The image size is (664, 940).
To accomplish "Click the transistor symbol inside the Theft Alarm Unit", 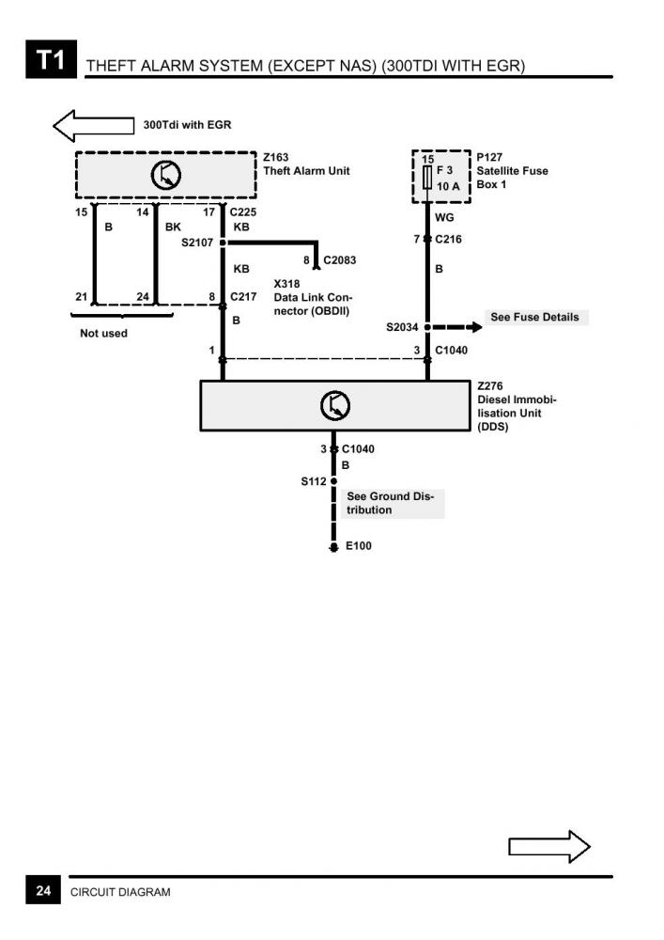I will pyautogui.click(x=166, y=175).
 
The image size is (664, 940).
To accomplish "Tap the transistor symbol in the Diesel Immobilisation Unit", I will pyautogui.click(x=334, y=405).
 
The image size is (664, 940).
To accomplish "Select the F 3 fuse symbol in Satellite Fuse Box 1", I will pyautogui.click(x=428, y=178).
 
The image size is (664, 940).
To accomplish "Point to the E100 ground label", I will pyautogui.click(x=359, y=546).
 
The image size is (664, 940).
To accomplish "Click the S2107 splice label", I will pyautogui.click(x=198, y=243).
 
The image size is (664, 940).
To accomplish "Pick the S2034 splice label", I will pyautogui.click(x=404, y=328).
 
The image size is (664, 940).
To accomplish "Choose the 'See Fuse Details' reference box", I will pyautogui.click(x=534, y=318).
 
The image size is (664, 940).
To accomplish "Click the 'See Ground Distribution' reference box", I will pyautogui.click(x=391, y=503).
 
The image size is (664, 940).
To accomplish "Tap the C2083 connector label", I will pyautogui.click(x=340, y=259).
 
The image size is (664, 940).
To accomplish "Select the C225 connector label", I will pyautogui.click(x=243, y=212).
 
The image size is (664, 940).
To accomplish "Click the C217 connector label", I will pyautogui.click(x=243, y=297).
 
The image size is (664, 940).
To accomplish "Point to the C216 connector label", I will pyautogui.click(x=448, y=240).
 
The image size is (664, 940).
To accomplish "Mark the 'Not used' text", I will pyautogui.click(x=103, y=334).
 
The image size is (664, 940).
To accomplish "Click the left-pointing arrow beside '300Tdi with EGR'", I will pyautogui.click(x=94, y=125).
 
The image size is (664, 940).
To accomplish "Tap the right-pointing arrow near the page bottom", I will pyautogui.click(x=548, y=846).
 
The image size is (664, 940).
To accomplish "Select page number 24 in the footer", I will pyautogui.click(x=43, y=890).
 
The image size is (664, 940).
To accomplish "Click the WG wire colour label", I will pyautogui.click(x=444, y=217).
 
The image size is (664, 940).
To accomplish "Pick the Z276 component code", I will pyautogui.click(x=490, y=385).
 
